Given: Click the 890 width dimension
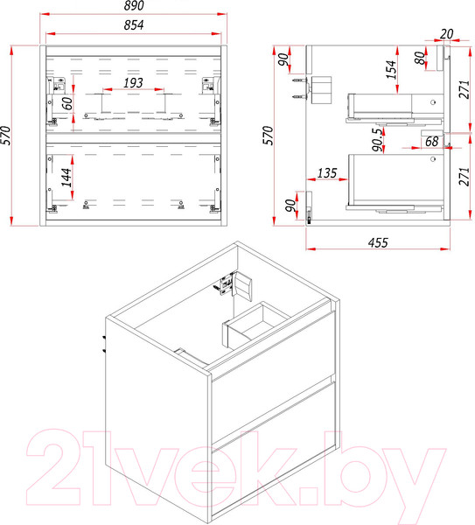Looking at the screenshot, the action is (x=134, y=5).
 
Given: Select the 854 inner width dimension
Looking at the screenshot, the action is (x=134, y=25).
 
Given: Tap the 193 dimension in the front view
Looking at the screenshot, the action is (x=133, y=83).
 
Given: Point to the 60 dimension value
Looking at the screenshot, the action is (x=67, y=103).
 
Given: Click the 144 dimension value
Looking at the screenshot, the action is (x=66, y=178).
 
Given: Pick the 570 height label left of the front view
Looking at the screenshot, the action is (x=6, y=136).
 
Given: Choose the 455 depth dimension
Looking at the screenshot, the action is (x=378, y=242).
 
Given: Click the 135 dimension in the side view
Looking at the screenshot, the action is (x=326, y=173).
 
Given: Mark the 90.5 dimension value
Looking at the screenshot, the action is (x=377, y=140).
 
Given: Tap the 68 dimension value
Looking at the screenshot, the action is (x=431, y=141).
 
